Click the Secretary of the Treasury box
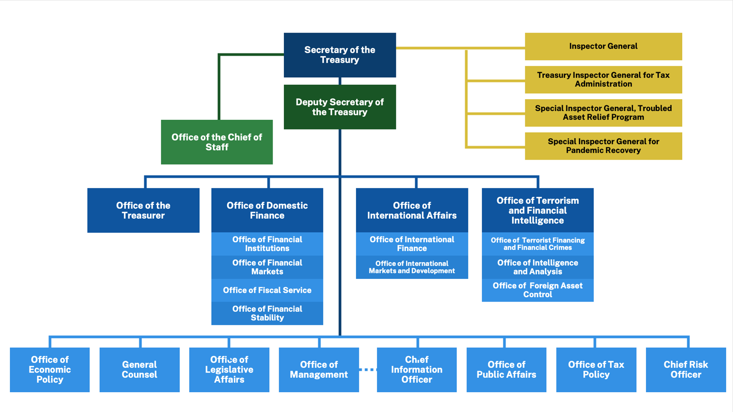340,55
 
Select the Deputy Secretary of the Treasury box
340,107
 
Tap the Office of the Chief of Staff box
216,142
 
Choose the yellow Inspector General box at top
603,46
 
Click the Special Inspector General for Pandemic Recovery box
603,146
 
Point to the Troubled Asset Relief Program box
603,113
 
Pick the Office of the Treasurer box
143,210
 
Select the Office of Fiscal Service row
267,290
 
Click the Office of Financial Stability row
267,313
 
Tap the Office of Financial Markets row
267,267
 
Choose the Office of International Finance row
412,244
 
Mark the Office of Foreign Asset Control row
538,290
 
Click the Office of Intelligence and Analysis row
538,267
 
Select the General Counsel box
140,370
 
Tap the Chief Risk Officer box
686,370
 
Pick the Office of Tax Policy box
596,370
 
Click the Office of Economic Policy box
50,370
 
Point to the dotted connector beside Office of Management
368,370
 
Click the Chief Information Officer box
417,370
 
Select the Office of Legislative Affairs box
229,370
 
